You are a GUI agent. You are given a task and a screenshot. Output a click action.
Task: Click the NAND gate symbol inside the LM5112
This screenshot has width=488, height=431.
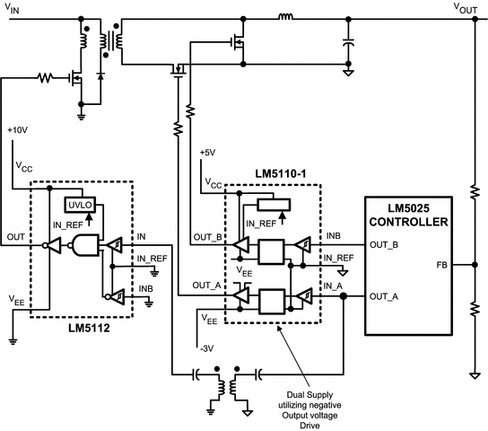pyautogui.click(x=85, y=244)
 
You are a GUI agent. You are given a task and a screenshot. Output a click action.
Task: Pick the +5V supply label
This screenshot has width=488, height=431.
pyautogui.click(x=207, y=152)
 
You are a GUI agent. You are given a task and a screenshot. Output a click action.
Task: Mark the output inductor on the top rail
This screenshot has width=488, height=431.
pyautogui.click(x=286, y=16)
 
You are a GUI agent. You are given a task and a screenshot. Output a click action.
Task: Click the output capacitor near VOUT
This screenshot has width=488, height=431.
pyautogui.click(x=348, y=40)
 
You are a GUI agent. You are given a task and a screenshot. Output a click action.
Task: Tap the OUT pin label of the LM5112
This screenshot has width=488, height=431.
pyautogui.click(x=16, y=237)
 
